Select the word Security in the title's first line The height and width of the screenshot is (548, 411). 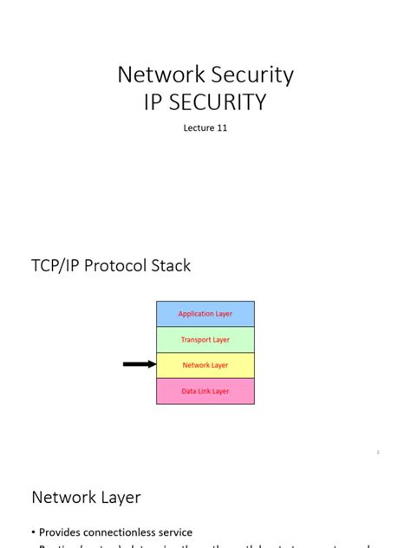[x=251, y=75]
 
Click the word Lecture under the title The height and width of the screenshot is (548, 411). [x=199, y=128]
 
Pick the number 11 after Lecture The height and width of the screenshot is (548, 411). [x=222, y=128]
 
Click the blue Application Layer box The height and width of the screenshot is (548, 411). [x=205, y=314]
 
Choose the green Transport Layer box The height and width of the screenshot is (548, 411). [x=205, y=340]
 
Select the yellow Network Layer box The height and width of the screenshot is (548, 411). [x=205, y=365]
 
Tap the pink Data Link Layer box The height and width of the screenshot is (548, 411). [x=205, y=391]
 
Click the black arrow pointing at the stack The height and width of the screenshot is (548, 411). [x=139, y=365]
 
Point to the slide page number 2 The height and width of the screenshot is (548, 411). [x=379, y=452]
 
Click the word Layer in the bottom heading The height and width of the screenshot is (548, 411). [x=119, y=498]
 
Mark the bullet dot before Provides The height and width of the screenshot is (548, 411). [x=33, y=533]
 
